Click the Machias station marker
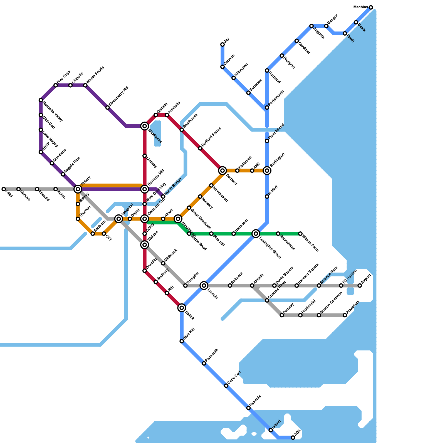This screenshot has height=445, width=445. tap(371, 7)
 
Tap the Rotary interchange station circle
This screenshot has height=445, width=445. tap(78, 189)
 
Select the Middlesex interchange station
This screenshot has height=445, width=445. tap(145, 126)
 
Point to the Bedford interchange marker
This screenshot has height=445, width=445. tap(222, 170)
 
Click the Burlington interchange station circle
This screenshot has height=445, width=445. tap(267, 170)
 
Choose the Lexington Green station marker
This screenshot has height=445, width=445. tap(256, 234)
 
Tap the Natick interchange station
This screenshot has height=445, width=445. tap(182, 308)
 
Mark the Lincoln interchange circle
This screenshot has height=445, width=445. tap(204, 285)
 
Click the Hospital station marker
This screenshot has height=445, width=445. tap(119, 219)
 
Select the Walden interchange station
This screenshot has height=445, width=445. tap(145, 245)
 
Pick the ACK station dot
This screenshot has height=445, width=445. tap(293, 437)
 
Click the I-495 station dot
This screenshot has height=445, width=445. tap(4, 189)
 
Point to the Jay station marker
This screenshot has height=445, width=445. tap(222, 44)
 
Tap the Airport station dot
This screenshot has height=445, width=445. tap(360, 285)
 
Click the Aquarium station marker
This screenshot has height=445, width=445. tap(345, 315)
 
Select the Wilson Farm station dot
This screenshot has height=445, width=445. tap(300, 234)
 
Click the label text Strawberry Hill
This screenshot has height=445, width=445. tap(118, 96)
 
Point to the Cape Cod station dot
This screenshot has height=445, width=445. tap(226, 386)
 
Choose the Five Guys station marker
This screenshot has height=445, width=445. tap(56, 85)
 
